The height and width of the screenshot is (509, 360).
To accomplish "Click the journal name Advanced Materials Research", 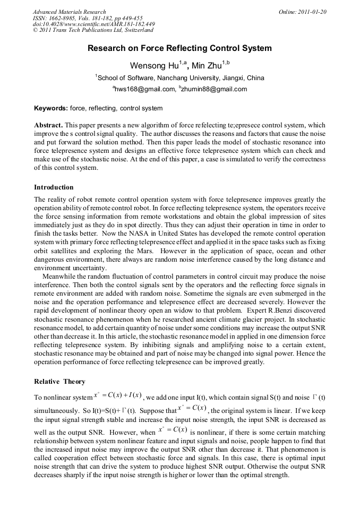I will (x=69, y=12).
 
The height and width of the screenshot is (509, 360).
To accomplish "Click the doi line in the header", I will (x=93, y=24).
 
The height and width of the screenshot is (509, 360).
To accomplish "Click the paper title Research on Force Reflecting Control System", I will (x=179, y=48).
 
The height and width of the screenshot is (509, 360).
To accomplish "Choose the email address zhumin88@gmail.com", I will (x=215, y=89).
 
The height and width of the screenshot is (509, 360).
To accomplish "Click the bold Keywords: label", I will (x=51, y=108).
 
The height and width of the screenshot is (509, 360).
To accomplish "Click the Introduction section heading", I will (x=54, y=187).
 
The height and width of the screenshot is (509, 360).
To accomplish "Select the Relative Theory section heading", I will (x=59, y=382).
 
